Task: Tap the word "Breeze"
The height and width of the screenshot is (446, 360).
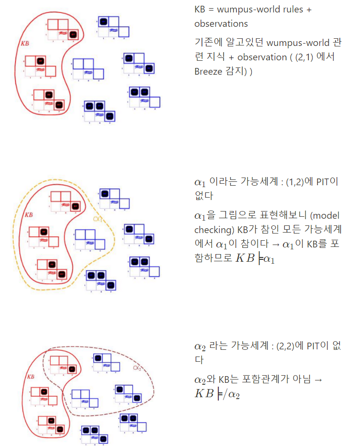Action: (208, 71)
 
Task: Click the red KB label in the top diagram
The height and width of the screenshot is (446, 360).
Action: (25, 43)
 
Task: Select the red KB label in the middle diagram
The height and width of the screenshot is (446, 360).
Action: (29, 215)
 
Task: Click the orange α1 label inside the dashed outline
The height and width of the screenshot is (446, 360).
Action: (98, 219)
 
